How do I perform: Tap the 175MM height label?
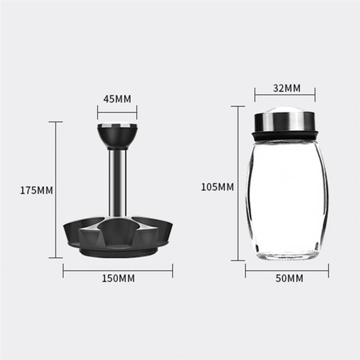point(36,190)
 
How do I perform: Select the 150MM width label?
point(117,278)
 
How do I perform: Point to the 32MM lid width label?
point(286,88)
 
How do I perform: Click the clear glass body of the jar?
point(286,198)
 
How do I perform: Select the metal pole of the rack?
point(117,180)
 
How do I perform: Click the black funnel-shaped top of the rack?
point(117,137)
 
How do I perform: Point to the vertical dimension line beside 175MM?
point(56,190)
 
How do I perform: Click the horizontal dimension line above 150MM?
point(117,270)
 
